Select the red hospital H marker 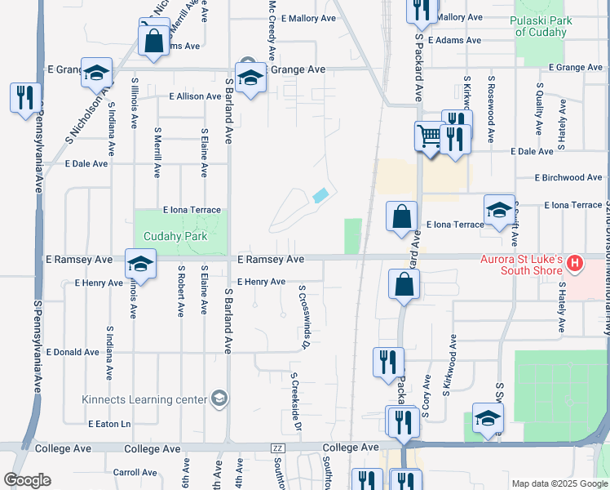[576, 263]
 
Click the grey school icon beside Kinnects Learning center [219, 398]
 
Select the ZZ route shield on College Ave [278, 448]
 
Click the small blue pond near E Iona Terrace [320, 196]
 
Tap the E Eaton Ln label [109, 424]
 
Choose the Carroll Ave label [135, 472]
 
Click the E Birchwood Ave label [568, 177]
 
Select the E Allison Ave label [195, 96]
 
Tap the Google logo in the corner [28, 480]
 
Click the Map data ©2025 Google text [559, 483]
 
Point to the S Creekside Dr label [297, 403]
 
